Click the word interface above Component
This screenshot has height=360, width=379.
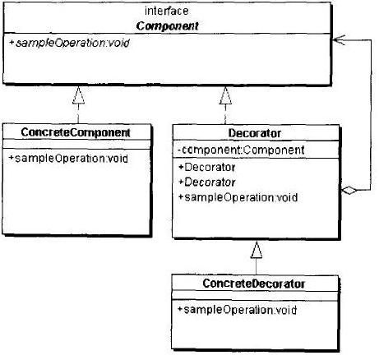pyautogui.click(x=166, y=12)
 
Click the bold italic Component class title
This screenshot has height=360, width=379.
pyautogui.click(x=167, y=26)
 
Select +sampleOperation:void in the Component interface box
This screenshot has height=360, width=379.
pyautogui.click(x=69, y=43)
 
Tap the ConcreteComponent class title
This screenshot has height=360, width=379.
pyautogui.click(x=76, y=132)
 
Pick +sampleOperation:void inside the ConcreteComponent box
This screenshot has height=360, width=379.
pyautogui.click(x=68, y=159)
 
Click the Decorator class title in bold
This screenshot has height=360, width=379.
pyautogui.click(x=255, y=133)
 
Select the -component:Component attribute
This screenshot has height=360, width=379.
pyautogui.click(x=241, y=150)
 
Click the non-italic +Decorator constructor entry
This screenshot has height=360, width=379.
pyautogui.click(x=207, y=167)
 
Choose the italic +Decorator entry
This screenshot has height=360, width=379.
pyautogui.click(x=207, y=182)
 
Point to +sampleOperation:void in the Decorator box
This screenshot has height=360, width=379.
pyautogui.click(x=238, y=197)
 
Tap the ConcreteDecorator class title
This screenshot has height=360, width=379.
pyautogui.click(x=254, y=284)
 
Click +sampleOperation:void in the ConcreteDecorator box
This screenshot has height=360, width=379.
pyautogui.click(x=237, y=310)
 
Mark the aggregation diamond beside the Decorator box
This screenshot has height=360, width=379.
pyautogui.click(x=349, y=190)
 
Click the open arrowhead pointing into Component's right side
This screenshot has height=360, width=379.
pyautogui.click(x=339, y=40)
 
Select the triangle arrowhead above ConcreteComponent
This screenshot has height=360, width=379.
pyautogui.click(x=78, y=95)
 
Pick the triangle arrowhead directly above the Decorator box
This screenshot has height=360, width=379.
pyautogui.click(x=225, y=95)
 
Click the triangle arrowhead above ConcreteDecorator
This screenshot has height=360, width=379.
pyautogui.click(x=257, y=250)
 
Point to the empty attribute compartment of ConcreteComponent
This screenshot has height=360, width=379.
pyautogui.click(x=76, y=145)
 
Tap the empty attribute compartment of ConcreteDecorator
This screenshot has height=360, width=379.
pyautogui.click(x=255, y=296)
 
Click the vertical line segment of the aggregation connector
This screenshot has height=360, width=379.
pyautogui.click(x=371, y=115)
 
